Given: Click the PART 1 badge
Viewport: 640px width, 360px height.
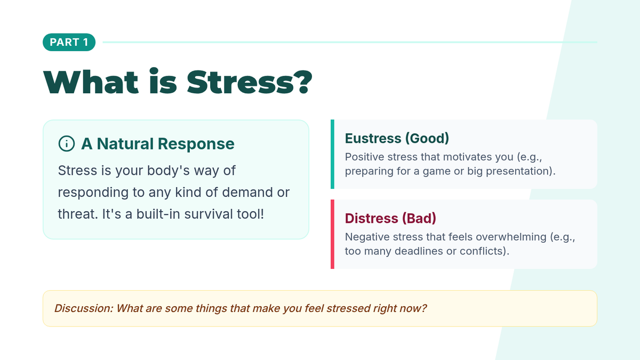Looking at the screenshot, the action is [69, 42].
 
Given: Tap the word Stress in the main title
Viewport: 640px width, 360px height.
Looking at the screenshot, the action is [241, 82].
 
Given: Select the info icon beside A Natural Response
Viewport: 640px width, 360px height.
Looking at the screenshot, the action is [67, 143].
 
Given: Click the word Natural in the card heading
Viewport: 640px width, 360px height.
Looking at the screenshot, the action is [125, 143].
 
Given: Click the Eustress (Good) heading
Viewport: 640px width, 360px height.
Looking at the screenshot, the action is [397, 138].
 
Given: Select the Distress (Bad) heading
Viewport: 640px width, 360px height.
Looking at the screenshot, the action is [390, 218].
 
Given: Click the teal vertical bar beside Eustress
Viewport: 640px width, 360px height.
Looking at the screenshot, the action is [332, 154].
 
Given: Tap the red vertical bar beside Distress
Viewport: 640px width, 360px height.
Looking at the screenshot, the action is [332, 234].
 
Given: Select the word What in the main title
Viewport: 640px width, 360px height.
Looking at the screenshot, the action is [91, 82].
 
